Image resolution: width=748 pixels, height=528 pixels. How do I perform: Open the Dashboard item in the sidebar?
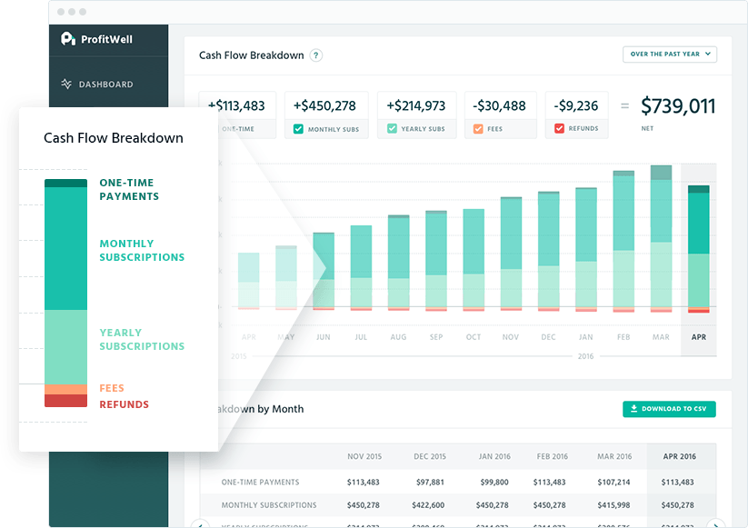(105, 85)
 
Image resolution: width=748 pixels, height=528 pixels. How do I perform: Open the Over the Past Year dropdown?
(670, 55)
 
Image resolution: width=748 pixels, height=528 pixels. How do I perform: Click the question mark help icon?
(316, 55)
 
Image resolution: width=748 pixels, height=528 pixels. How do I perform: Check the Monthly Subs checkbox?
(298, 129)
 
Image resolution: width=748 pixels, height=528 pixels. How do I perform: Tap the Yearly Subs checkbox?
(392, 129)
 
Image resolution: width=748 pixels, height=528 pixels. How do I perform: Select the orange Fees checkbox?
(478, 129)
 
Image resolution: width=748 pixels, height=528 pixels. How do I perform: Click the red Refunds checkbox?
(560, 129)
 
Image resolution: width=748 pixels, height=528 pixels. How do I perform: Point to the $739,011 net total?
(678, 106)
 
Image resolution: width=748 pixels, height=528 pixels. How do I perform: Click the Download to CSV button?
(669, 409)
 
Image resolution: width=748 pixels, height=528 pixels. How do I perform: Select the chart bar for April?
(698, 249)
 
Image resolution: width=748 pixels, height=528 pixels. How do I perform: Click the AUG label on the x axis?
(398, 337)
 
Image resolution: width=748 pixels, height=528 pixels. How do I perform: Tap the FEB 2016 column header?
(551, 456)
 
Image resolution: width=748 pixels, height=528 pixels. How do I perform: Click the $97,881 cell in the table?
(428, 482)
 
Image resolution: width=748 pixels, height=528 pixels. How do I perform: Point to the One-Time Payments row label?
(260, 482)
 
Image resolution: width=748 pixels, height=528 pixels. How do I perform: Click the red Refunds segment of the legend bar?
(65, 401)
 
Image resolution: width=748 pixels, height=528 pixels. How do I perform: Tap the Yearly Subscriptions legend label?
(142, 339)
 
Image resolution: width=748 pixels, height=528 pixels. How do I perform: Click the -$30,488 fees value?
(500, 106)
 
